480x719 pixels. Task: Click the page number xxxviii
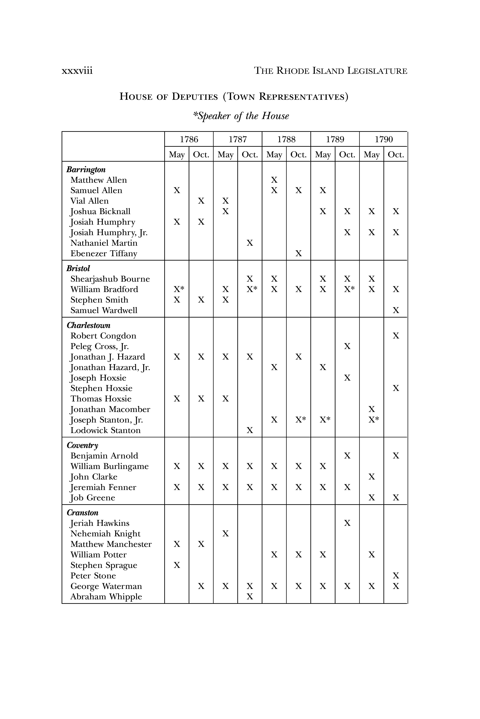(77, 71)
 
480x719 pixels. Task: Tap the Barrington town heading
(86, 170)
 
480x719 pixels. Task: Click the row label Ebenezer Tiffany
(104, 254)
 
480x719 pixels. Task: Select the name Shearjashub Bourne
(110, 279)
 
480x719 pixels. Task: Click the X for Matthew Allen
(274, 180)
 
